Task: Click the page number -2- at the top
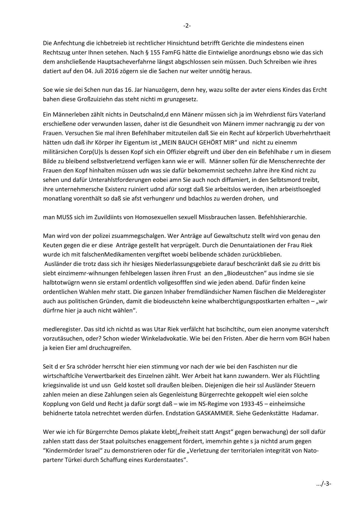[x=187, y=26]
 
